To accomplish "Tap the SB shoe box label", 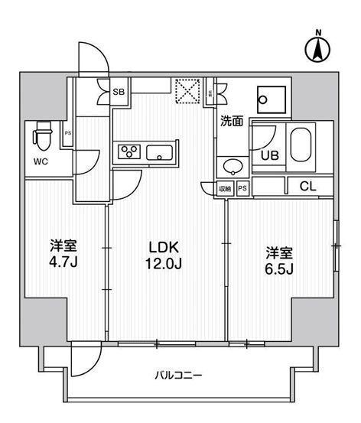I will point(119,92).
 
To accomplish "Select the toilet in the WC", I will point(41,138).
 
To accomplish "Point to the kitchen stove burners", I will point(128,151).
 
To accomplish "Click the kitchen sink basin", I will point(160,151).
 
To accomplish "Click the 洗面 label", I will point(232,120).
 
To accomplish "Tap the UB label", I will point(270,155).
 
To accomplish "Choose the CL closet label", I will point(308,187).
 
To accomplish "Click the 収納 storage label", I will point(226,188).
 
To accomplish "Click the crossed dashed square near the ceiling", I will point(186,92).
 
